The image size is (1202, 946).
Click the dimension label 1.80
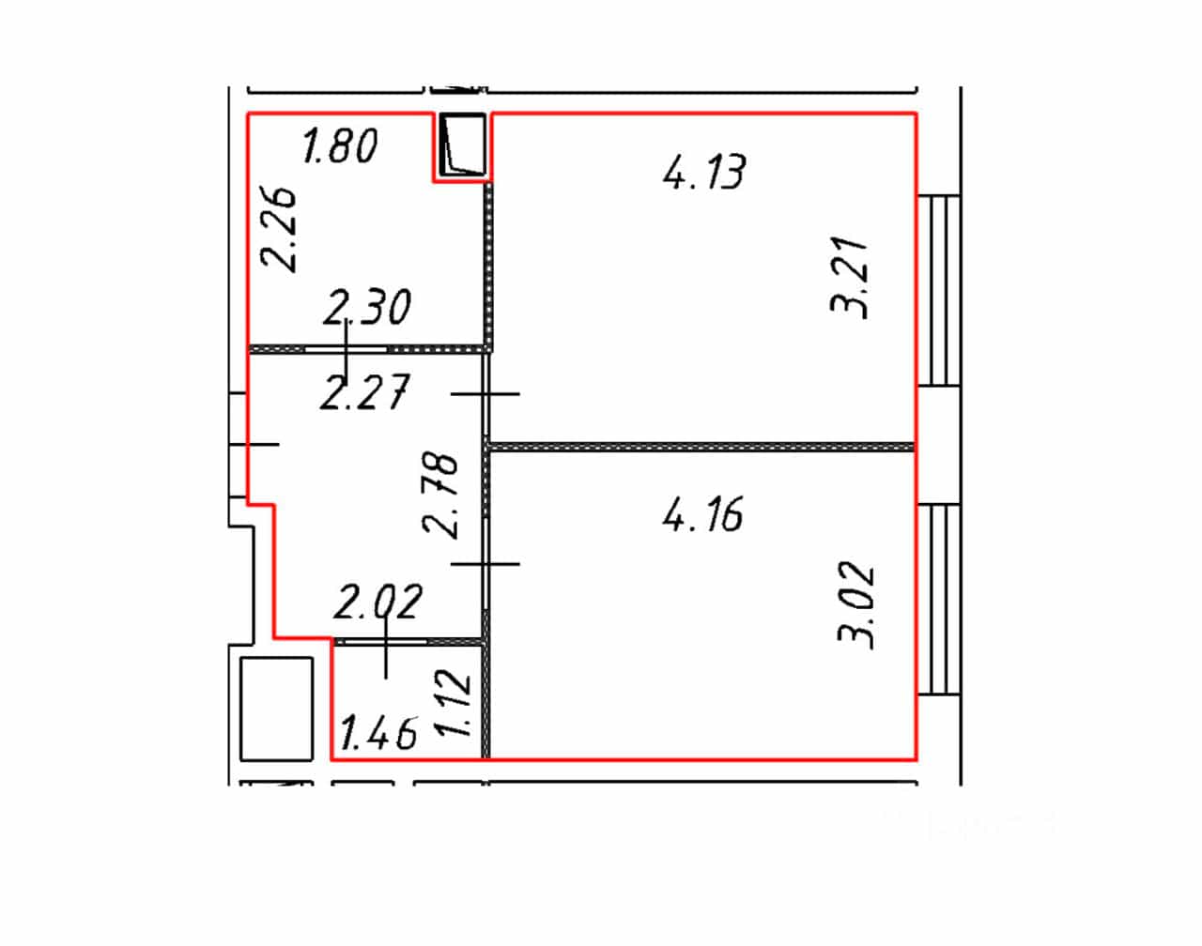point(340,146)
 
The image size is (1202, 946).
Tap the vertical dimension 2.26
point(278,230)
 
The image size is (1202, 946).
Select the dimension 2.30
point(367,307)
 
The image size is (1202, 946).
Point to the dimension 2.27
point(364,392)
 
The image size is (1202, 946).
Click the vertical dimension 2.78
point(440,495)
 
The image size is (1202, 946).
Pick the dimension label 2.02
point(378,602)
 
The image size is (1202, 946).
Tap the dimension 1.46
point(378,733)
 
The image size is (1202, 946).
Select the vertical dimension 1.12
point(453,703)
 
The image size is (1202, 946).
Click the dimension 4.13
point(704,172)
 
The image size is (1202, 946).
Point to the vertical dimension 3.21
point(849,278)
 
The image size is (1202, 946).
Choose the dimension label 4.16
point(703,513)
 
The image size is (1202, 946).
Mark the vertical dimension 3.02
point(855,605)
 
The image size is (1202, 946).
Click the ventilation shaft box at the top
point(462,145)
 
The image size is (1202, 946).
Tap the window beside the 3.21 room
point(939,290)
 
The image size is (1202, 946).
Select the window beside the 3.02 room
point(939,600)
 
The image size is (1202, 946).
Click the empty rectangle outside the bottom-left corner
point(276,709)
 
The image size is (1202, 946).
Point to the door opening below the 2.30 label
point(347,349)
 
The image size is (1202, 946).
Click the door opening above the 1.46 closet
point(386,642)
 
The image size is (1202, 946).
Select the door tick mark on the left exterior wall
point(254,445)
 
